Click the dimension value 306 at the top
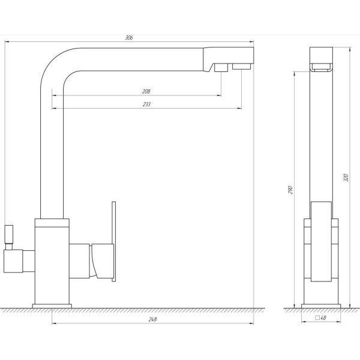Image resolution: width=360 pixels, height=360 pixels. (128, 37)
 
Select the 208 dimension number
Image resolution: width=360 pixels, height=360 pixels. (146, 91)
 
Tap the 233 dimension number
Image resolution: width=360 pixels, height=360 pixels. (146, 104)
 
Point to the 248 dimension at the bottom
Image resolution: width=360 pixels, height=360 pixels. (152, 319)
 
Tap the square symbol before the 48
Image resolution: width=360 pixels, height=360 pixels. (316, 318)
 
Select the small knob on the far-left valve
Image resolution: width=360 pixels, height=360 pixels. (9, 235)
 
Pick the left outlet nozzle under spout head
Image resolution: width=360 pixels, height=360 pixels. (220, 67)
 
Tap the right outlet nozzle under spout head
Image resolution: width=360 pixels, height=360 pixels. (241, 66)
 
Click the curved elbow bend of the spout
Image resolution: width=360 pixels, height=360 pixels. (57, 66)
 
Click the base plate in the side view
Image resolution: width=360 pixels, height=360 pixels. (52, 305)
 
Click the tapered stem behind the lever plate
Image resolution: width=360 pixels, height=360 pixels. (100, 260)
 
